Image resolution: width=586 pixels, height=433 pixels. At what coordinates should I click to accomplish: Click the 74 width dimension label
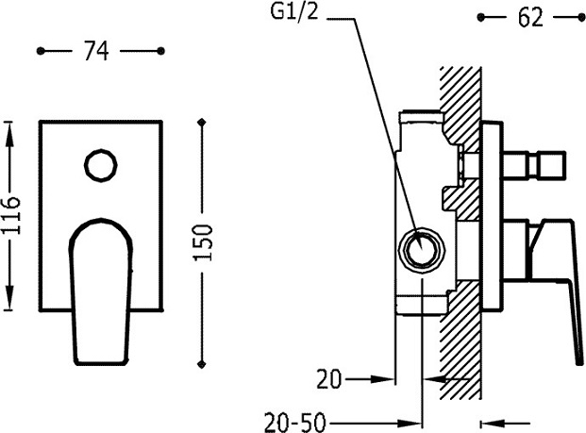tap(96, 51)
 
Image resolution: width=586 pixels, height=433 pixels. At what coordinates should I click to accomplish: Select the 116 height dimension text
tap(10, 216)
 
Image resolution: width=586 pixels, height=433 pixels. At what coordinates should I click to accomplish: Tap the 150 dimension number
tap(204, 242)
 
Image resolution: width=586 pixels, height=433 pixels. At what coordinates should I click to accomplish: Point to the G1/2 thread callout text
tap(294, 12)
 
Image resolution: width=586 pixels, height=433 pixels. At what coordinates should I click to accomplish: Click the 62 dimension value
tap(530, 17)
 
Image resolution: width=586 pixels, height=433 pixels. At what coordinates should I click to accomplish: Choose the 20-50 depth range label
tap(294, 423)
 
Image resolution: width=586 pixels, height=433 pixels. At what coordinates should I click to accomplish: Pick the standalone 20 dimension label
tap(329, 379)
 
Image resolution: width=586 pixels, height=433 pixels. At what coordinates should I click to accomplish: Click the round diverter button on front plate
tap(101, 165)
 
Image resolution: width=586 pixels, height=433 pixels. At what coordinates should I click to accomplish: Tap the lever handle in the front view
tap(101, 291)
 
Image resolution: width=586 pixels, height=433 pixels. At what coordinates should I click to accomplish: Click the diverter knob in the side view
tap(534, 165)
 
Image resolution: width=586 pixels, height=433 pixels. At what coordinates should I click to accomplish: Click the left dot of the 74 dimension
tap(41, 51)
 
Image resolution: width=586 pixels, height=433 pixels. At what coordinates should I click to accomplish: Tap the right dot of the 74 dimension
tap(160, 51)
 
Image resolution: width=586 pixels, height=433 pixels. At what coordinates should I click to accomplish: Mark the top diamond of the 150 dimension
tap(202, 123)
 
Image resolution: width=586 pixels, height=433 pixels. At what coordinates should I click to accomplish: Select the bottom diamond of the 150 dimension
tap(202, 364)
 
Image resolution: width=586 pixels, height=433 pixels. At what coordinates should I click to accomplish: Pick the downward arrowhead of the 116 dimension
tap(9, 296)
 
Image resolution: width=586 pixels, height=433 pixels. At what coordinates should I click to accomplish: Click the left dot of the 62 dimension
tap(481, 17)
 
